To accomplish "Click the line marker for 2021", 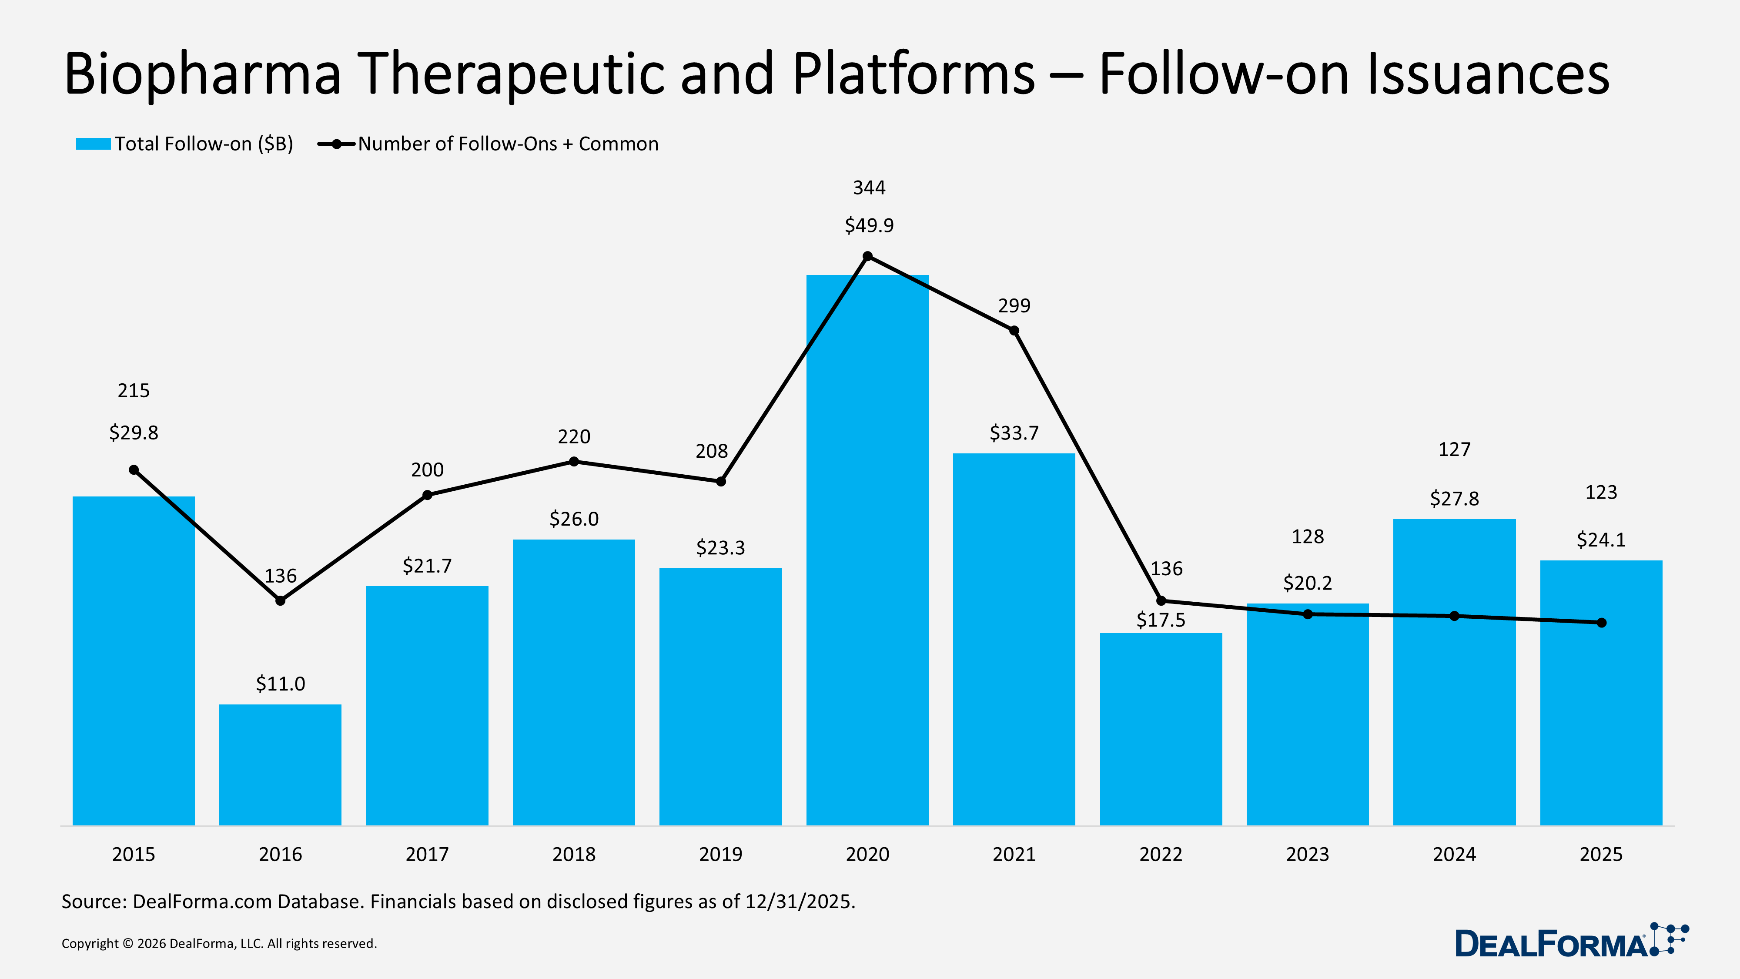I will [x=1014, y=330].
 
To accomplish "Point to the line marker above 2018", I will [x=573, y=462].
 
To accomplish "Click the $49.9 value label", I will [x=869, y=225].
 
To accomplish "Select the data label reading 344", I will [x=869, y=187].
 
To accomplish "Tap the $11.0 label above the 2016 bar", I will [x=280, y=684].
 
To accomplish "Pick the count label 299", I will [x=1014, y=305].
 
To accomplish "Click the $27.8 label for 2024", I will [x=1454, y=499].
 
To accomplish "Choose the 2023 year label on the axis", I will [x=1307, y=854].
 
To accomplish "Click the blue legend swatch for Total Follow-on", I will [x=93, y=144].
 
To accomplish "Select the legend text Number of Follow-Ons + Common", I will [x=508, y=144].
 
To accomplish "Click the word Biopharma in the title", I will [x=203, y=74].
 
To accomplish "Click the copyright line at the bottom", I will [x=219, y=943].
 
